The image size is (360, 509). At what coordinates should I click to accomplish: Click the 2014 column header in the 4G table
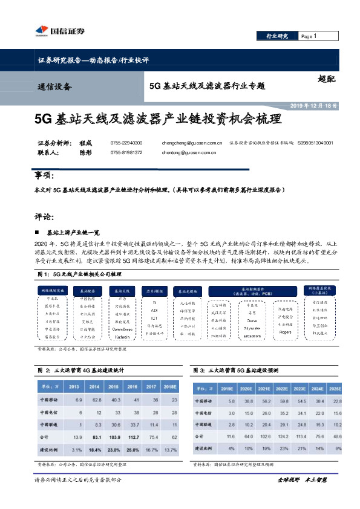click(x=95, y=387)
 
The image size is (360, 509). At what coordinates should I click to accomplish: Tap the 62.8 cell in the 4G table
click(x=95, y=400)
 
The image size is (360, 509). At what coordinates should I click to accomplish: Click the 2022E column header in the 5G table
click(x=282, y=389)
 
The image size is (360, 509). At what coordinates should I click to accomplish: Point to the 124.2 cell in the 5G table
click(x=282, y=435)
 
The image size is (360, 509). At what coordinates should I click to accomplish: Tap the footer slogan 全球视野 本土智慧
click(x=302, y=479)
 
